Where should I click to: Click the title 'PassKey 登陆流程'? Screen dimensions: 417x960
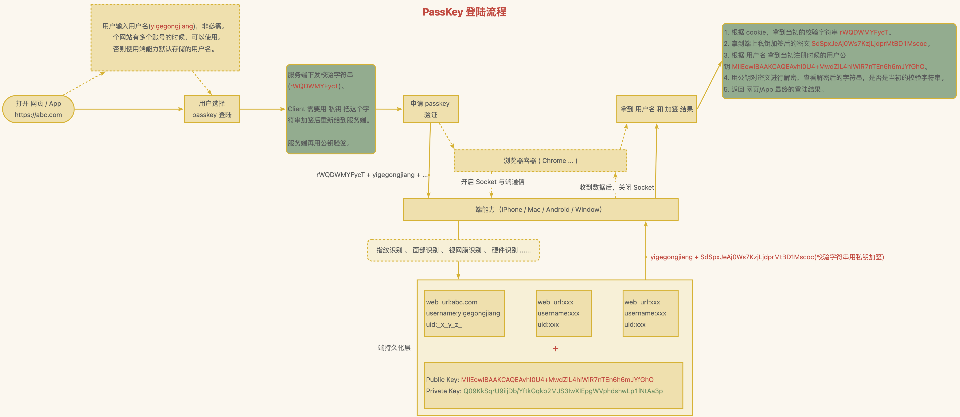coord(464,12)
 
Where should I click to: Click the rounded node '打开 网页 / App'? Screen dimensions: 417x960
coord(38,109)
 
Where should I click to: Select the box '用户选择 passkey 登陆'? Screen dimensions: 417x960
coord(212,109)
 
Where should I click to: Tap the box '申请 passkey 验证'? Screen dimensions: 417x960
coord(430,109)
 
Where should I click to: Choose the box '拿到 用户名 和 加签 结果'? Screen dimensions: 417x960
coord(656,109)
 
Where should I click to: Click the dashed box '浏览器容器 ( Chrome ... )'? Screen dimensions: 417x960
coord(540,161)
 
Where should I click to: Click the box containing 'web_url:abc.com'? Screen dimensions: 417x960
coord(464,313)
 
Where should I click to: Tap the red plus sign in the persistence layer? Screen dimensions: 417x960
coord(555,348)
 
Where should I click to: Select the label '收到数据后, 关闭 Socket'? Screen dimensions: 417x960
coord(617,187)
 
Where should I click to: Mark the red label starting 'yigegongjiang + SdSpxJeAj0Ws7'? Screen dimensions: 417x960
coord(767,257)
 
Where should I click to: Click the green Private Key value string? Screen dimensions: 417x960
coord(563,391)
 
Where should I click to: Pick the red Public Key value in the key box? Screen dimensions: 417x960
coord(557,380)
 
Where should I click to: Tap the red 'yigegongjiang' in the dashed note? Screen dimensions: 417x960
coord(172,26)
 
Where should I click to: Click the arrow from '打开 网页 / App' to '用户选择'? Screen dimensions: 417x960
coord(129,109)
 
